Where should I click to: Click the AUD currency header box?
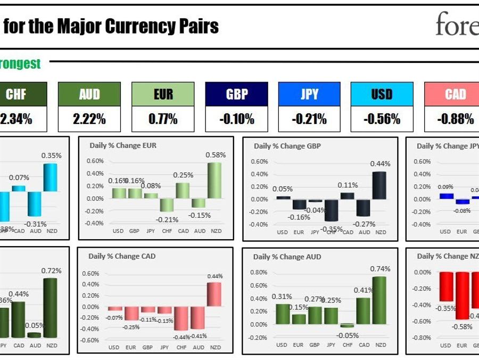(x=89, y=94)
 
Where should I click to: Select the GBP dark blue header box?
(x=237, y=94)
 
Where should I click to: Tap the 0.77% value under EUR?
(x=163, y=119)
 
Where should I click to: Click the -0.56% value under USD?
(x=382, y=119)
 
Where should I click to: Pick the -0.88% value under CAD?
(x=455, y=119)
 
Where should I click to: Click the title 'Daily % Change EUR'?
(x=123, y=145)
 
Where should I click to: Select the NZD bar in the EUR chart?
(x=216, y=180)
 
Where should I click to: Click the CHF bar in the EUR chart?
(x=167, y=205)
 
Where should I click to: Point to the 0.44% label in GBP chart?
(x=381, y=163)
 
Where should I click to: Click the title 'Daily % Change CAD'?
(x=122, y=256)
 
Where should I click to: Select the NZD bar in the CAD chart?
(x=215, y=294)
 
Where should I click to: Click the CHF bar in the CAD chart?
(x=182, y=318)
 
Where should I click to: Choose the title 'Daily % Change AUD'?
(x=287, y=257)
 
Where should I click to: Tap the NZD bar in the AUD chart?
(x=381, y=300)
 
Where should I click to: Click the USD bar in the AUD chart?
(x=283, y=314)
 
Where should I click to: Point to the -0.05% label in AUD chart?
(x=348, y=336)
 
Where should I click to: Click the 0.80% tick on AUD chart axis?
(x=259, y=272)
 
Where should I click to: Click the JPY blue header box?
(x=309, y=94)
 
